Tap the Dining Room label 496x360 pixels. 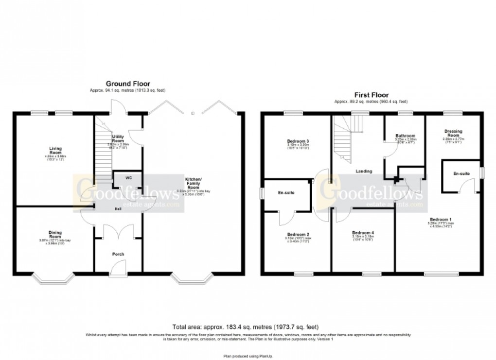click(x=54, y=235)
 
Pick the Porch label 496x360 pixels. click(x=118, y=254)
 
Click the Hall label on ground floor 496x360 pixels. click(x=118, y=209)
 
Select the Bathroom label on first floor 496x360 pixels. click(x=405, y=136)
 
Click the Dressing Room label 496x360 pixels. click(x=453, y=133)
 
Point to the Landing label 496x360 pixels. click(x=364, y=171)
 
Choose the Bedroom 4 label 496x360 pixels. click(x=363, y=233)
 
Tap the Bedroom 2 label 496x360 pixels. click(x=298, y=234)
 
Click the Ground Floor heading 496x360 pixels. click(x=128, y=84)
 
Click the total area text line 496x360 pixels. click(x=247, y=326)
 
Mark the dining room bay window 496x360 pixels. click(x=54, y=279)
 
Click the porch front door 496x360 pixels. click(x=118, y=268)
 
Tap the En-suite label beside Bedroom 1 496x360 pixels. click(x=461, y=173)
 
